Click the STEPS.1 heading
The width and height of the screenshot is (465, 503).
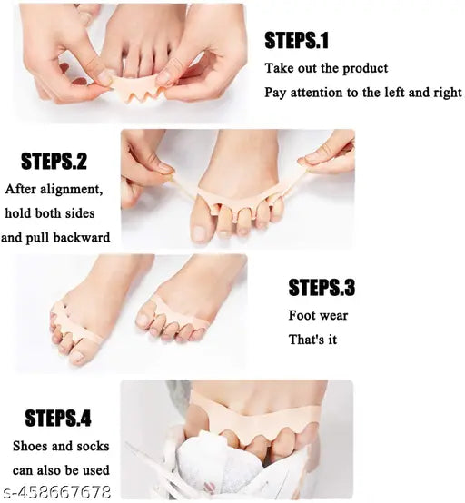296,41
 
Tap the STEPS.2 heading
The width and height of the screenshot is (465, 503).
54,162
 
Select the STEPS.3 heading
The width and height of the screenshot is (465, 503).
322,288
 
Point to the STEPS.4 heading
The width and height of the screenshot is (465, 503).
58,418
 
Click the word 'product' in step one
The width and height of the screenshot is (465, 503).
365,69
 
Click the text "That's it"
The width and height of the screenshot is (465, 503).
312,340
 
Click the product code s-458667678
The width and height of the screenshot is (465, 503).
55,492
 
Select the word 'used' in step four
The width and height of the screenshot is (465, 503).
96,470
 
